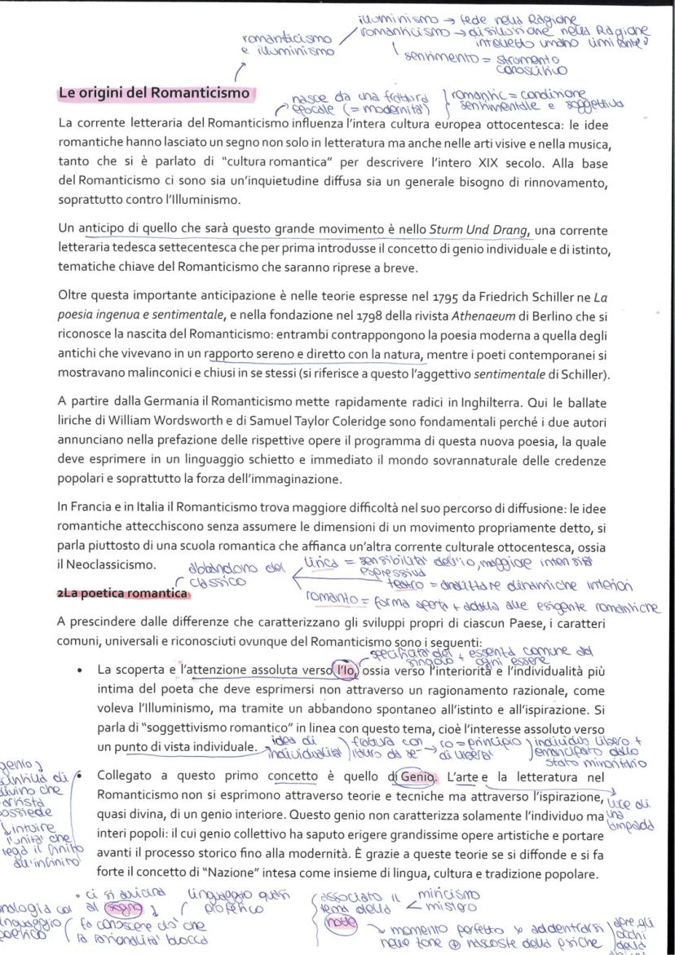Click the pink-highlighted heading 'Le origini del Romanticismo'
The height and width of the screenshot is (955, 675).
154,93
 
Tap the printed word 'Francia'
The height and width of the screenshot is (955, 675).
95,506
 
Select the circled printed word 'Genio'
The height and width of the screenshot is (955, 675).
415,776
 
